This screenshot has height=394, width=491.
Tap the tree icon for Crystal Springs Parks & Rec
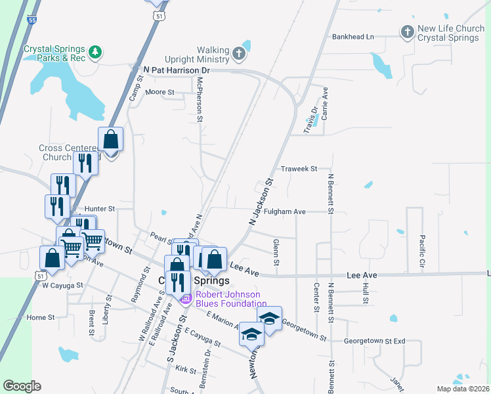(x=96, y=51)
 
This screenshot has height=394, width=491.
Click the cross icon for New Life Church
(x=407, y=31)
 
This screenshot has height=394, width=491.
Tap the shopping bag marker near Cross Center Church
(x=111, y=141)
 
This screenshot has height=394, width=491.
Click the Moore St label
(x=160, y=93)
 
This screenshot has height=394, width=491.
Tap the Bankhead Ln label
(x=352, y=37)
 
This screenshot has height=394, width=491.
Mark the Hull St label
(x=364, y=293)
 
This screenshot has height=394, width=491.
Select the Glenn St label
(x=276, y=253)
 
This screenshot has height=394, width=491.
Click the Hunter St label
(x=100, y=209)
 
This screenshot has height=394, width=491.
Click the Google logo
(x=22, y=386)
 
